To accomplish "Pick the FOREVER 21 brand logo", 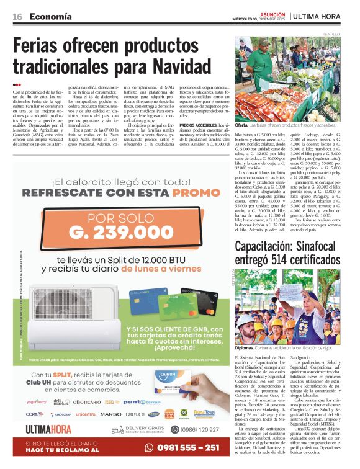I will [134, 414].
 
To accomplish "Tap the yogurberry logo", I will [36, 402].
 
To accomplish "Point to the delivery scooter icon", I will [117, 429].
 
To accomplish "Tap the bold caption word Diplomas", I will [245, 349].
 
